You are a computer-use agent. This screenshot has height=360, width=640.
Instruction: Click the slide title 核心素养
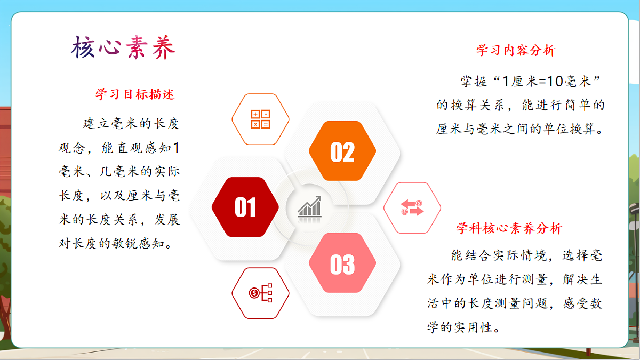[123, 49]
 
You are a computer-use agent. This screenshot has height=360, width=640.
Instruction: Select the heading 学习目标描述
[135, 94]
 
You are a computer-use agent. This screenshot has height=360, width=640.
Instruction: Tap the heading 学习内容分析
[516, 51]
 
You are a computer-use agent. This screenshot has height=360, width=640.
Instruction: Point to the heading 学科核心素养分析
[509, 229]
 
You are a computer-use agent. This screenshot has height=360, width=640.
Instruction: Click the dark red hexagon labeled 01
[245, 207]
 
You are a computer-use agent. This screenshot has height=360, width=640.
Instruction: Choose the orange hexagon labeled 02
[342, 151]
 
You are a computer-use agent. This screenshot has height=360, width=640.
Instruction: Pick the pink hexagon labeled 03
[342, 263]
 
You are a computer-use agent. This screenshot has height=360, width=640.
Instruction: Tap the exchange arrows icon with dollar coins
[412, 208]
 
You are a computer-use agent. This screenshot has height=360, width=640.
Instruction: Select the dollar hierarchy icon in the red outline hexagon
[260, 293]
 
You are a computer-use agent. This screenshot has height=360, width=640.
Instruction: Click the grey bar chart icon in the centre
[310, 206]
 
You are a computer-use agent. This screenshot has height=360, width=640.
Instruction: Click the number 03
[342, 264]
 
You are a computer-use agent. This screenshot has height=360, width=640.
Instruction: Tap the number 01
[245, 208]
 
